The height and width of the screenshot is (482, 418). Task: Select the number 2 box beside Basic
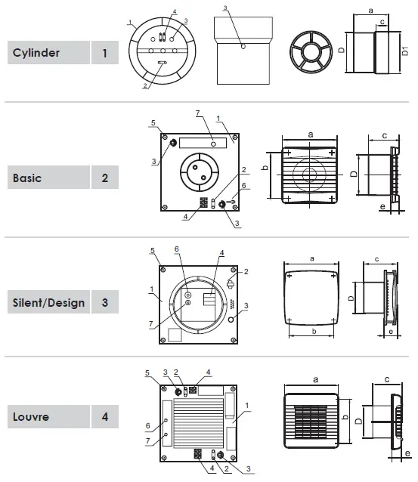pyautogui.click(x=104, y=179)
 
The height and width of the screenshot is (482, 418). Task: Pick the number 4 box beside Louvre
pyautogui.click(x=104, y=416)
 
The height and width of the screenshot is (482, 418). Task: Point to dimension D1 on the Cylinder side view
pyautogui.click(x=407, y=53)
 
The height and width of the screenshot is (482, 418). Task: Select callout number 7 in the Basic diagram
pyautogui.click(x=197, y=113)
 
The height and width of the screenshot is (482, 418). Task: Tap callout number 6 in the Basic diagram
pyautogui.click(x=244, y=185)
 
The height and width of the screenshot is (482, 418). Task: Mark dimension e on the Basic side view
pyautogui.click(x=382, y=205)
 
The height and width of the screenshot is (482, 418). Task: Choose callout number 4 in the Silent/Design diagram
pyautogui.click(x=221, y=252)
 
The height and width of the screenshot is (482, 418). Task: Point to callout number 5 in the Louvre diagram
pyautogui.click(x=148, y=372)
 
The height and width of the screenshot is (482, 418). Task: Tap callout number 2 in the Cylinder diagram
pyautogui.click(x=145, y=87)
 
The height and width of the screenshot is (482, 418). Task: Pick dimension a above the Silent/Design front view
pyautogui.click(x=311, y=258)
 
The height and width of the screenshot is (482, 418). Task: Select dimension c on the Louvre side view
pyautogui.click(x=386, y=378)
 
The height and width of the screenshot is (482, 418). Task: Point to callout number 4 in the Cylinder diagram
pyautogui.click(x=175, y=13)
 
